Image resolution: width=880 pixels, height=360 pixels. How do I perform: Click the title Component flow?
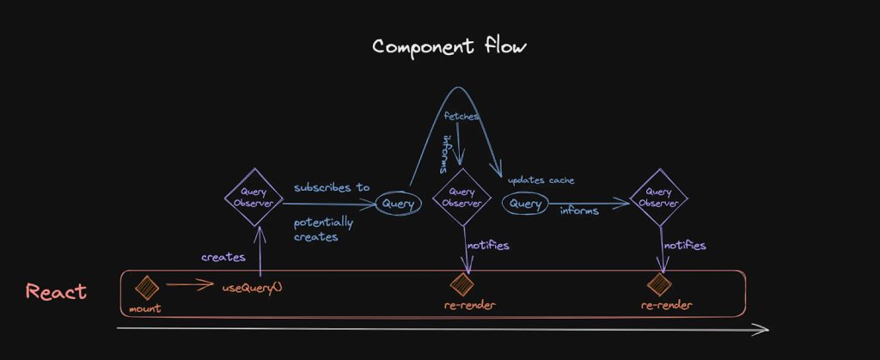click(449, 46)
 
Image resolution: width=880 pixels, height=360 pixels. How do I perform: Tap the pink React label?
click(57, 292)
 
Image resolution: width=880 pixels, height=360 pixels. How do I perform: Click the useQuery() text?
click(253, 288)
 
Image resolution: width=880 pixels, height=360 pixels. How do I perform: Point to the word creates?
click(223, 257)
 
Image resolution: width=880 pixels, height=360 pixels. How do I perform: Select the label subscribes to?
click(332, 186)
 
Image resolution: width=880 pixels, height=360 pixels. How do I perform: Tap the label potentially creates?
click(323, 229)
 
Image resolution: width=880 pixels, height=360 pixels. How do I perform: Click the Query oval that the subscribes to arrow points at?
click(399, 204)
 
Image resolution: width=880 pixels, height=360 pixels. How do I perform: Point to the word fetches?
click(462, 114)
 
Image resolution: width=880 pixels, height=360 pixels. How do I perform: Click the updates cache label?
click(541, 180)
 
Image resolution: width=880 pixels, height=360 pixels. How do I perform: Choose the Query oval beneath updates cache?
click(526, 204)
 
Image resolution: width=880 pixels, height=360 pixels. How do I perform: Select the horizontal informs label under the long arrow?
click(579, 211)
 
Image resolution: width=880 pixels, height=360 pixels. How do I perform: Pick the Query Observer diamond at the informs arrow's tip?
click(659, 198)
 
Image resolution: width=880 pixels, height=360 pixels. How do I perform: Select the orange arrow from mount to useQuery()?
click(190, 284)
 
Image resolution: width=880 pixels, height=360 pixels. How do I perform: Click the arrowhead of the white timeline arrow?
click(761, 328)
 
